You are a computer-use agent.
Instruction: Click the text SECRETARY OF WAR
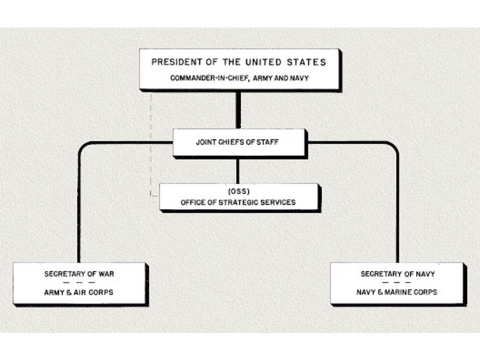tap(79, 274)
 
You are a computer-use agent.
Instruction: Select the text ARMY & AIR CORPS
tap(79, 292)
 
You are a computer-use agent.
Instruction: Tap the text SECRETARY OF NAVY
tap(397, 274)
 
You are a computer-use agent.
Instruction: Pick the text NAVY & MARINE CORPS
tap(397, 292)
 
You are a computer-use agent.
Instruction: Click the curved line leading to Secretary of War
tap(79, 200)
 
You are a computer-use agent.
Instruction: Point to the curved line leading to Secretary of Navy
tap(397, 200)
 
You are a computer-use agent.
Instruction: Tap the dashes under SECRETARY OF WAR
tap(79, 283)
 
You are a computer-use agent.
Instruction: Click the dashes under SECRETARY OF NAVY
tap(397, 283)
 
